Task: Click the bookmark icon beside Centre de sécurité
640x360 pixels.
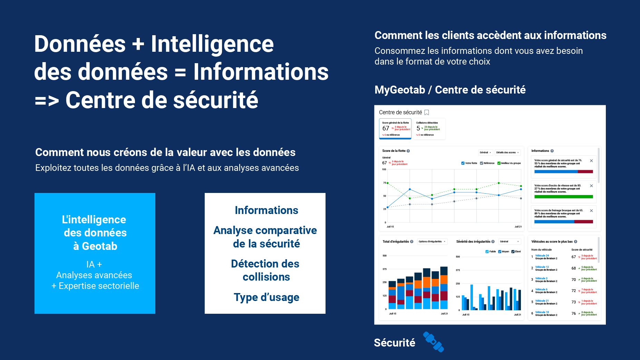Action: pyautogui.click(x=427, y=113)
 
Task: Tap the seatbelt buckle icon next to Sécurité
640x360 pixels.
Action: pyautogui.click(x=434, y=342)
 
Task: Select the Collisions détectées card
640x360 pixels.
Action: pyautogui.click(x=429, y=129)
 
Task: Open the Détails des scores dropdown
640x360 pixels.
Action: pyautogui.click(x=507, y=153)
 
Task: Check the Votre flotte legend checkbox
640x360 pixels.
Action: pyautogui.click(x=463, y=163)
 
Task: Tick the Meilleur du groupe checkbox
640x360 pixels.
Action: pyautogui.click(x=499, y=163)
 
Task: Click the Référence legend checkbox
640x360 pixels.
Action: pyautogui.click(x=481, y=163)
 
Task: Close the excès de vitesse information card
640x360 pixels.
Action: pyautogui.click(x=591, y=186)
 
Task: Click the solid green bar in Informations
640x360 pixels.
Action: pyautogui.click(x=563, y=197)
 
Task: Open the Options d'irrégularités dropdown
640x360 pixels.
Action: pyautogui.click(x=432, y=242)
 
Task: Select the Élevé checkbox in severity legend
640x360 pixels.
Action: pyautogui.click(x=513, y=252)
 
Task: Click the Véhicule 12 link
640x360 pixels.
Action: pyautogui.click(x=542, y=267)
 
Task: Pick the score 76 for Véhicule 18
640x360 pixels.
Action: pyautogui.click(x=574, y=313)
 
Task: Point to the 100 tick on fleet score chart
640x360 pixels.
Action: pyautogui.click(x=384, y=169)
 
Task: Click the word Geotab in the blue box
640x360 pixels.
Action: pyautogui.click(x=99, y=246)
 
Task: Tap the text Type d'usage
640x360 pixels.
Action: pyautogui.click(x=266, y=297)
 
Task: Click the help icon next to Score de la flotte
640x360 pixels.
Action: pyautogui.click(x=408, y=151)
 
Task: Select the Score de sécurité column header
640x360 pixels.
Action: pyautogui.click(x=582, y=250)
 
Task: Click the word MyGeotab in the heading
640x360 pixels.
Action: pyautogui.click(x=400, y=90)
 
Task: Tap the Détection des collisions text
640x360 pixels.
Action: pyautogui.click(x=265, y=270)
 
